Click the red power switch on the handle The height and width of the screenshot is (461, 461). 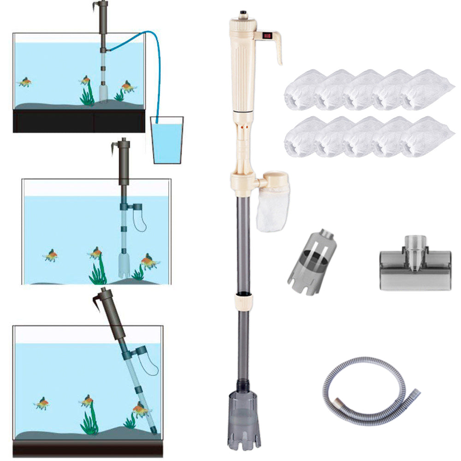[x=266, y=35]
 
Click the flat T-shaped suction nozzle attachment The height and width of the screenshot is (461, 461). [x=415, y=267]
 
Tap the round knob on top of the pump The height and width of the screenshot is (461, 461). [x=241, y=13]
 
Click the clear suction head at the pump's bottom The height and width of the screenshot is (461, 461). [x=243, y=420]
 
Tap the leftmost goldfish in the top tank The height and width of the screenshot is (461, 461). [x=25, y=82]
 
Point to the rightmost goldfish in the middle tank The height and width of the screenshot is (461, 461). [x=149, y=262]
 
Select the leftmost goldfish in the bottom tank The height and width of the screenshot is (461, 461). [x=42, y=403]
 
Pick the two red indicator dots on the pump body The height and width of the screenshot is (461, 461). [x=243, y=125]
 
